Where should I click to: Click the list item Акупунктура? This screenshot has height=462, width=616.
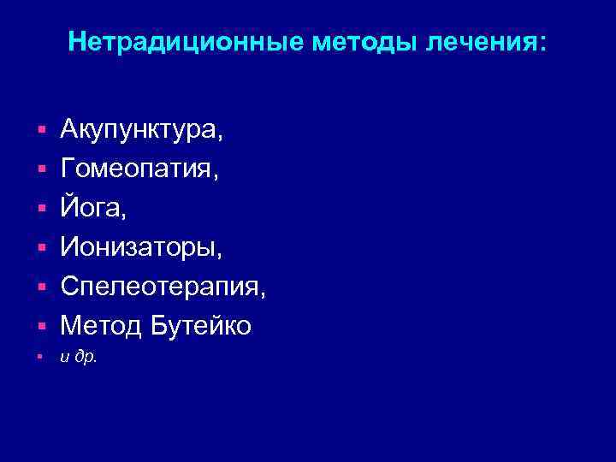coord(142,131)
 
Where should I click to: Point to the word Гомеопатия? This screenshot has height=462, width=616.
coord(139,170)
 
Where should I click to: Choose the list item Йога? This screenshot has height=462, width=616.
coord(90,208)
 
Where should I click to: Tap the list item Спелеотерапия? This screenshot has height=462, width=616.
coord(163,287)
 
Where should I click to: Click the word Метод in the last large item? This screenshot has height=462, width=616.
coord(98,325)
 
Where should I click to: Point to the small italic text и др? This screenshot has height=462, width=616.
coord(79,358)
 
